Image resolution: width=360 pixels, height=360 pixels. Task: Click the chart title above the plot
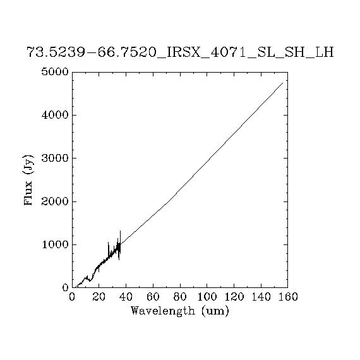tap(180, 52)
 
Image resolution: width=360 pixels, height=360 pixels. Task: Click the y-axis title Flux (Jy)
tap(28, 180)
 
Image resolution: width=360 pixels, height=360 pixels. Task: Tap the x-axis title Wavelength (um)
tap(180, 311)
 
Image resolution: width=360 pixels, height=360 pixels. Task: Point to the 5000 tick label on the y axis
tap(55, 72)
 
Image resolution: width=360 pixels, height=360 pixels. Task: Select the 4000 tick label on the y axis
tap(55, 115)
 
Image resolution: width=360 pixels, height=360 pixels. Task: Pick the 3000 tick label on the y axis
tap(55, 158)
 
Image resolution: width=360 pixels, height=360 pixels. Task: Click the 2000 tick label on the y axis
tap(55, 201)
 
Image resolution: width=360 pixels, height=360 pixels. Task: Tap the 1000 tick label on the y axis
tap(55, 245)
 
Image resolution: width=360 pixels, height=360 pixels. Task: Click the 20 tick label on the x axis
tap(99, 297)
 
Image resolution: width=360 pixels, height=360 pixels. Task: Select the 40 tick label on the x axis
tap(126, 297)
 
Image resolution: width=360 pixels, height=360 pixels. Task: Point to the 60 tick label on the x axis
tap(153, 297)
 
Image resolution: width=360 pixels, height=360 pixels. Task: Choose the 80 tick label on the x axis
tap(180, 297)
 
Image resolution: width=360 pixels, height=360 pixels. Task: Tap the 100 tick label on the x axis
tap(207, 297)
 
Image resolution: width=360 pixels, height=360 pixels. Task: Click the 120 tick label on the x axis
tap(234, 297)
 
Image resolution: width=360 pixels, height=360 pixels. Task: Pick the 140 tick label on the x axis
tap(261, 297)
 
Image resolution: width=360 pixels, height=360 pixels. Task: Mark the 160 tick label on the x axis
tap(288, 297)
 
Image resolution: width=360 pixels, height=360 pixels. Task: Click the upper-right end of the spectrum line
tap(282, 83)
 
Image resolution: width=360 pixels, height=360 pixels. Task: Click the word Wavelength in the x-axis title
tap(163, 311)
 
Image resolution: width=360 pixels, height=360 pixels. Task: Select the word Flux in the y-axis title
tap(28, 193)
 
